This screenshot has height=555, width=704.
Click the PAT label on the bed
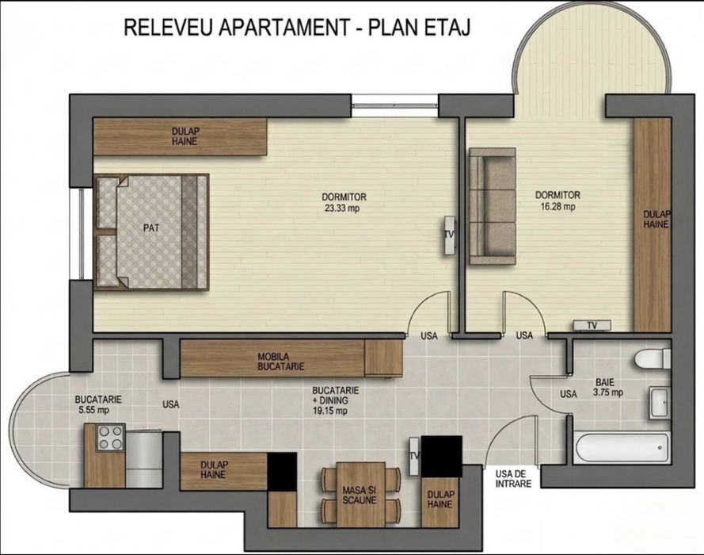tap(150, 228)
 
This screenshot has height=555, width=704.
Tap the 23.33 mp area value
tap(344, 209)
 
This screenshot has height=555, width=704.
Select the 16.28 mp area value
tap(557, 207)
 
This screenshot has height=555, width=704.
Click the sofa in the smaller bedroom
tap(491, 206)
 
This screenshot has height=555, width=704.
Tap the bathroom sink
tap(658, 403)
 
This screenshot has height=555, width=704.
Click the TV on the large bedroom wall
tap(449, 235)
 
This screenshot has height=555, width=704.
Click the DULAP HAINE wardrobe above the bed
tap(180, 136)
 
